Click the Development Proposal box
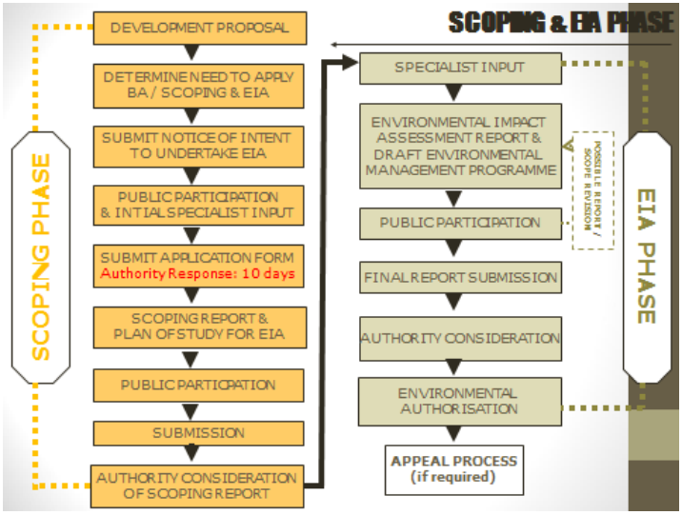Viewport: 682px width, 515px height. (x=199, y=28)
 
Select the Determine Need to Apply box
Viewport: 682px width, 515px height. (x=199, y=86)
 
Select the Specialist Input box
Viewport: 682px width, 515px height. (x=459, y=69)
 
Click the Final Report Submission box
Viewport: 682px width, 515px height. (x=459, y=278)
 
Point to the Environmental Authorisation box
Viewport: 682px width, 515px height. (x=459, y=400)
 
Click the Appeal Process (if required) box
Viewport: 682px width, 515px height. (x=454, y=468)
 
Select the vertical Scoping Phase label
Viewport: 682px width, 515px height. (x=41, y=257)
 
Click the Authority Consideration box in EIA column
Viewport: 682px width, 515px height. (x=459, y=338)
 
